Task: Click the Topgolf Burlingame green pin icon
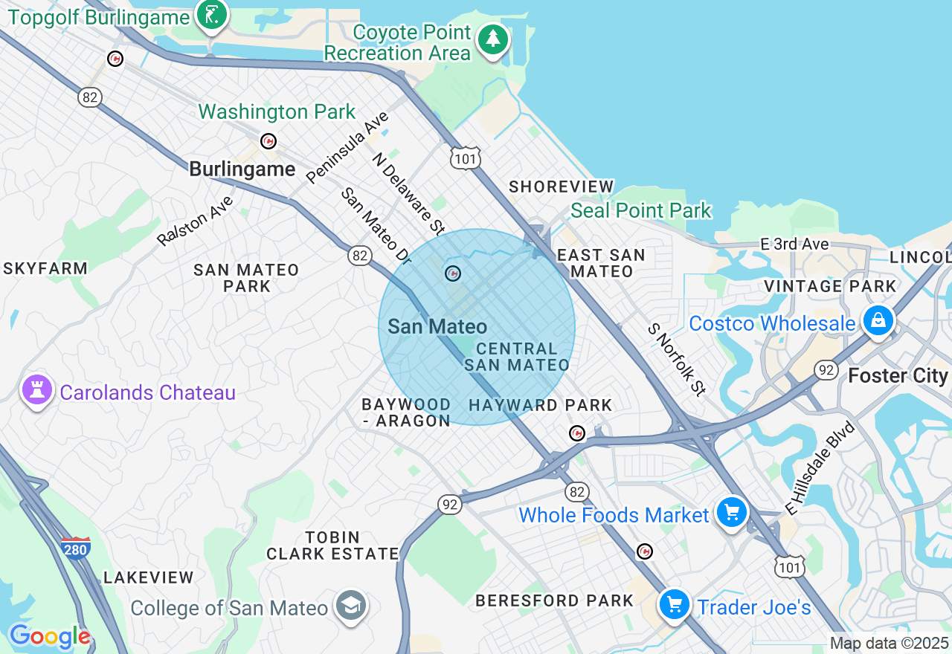(x=212, y=15)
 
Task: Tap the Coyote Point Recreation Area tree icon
(x=492, y=39)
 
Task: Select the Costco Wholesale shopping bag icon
(x=878, y=320)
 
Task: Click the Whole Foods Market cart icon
(x=732, y=512)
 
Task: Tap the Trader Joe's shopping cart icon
(x=675, y=604)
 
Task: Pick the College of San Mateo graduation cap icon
(x=350, y=606)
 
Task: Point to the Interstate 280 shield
(x=76, y=548)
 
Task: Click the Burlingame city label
(x=242, y=169)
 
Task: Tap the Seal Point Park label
(x=641, y=211)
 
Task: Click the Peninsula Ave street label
(x=347, y=147)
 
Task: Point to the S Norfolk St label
(x=675, y=359)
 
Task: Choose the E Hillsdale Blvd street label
(x=820, y=468)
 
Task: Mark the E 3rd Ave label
(x=794, y=244)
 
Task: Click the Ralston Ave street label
(x=195, y=221)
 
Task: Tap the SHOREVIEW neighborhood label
(x=562, y=187)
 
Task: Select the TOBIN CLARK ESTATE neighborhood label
(x=333, y=545)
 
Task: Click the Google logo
(x=50, y=636)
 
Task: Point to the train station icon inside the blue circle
(x=452, y=273)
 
